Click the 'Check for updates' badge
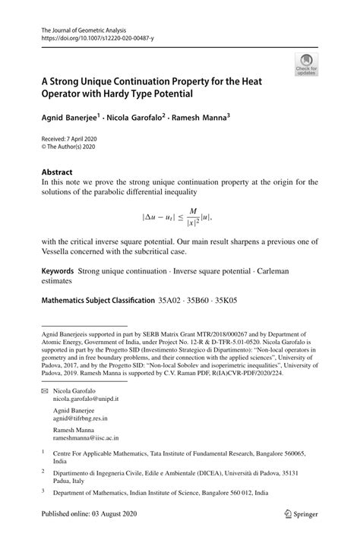pyautogui.click(x=305, y=64)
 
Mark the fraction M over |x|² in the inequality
pyautogui.click(x=193, y=216)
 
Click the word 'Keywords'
pyautogui.click(x=58, y=271)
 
